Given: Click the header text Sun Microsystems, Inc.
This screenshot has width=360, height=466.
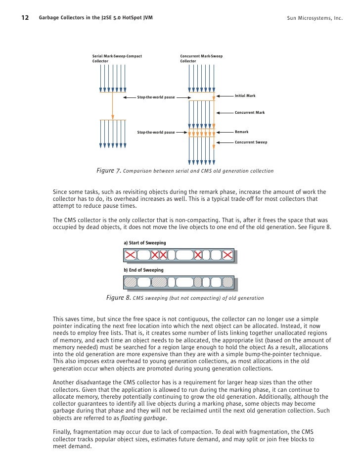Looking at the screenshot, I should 314,19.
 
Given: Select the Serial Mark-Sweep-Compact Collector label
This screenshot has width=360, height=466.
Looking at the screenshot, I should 117,58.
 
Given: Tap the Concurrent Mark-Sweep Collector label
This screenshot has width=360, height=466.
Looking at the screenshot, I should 201,58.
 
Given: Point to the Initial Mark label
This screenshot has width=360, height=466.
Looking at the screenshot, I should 245,95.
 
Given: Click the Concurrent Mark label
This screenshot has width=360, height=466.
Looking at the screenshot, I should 250,113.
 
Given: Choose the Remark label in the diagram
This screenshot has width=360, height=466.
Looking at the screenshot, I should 241,132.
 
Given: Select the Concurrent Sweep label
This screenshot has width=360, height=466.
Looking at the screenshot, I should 251,142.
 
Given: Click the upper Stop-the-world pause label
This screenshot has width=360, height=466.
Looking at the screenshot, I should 156,97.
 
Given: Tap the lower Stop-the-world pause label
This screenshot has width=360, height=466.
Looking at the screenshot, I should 156,133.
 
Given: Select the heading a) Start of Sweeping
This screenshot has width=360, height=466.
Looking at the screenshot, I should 144,243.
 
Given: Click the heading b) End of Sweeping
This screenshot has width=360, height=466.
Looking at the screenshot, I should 143,270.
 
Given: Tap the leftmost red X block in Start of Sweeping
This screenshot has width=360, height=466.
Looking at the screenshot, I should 130,255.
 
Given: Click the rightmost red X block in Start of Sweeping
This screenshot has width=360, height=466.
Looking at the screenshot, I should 227,255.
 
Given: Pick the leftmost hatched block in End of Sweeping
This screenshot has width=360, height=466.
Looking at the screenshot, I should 130,282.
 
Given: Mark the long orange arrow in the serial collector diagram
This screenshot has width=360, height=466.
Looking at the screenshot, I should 113,105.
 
